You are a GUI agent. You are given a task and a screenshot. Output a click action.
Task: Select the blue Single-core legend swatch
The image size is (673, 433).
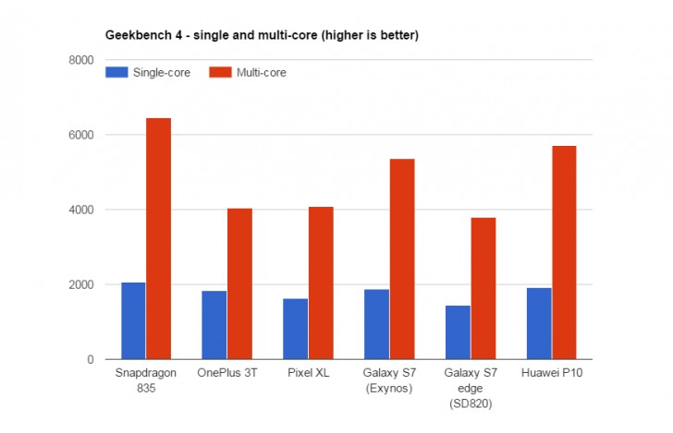117,72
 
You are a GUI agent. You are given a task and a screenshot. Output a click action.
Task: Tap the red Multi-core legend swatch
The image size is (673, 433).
221,72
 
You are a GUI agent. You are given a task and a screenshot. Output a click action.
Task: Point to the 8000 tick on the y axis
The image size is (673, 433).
82,60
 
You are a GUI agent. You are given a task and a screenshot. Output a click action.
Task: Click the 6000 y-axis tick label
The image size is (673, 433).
82,135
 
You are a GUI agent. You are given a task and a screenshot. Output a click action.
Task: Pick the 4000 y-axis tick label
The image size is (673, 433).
82,210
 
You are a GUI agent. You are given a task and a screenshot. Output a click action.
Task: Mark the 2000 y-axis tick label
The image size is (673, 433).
82,284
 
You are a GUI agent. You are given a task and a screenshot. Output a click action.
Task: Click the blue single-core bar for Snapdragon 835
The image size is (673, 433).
133,320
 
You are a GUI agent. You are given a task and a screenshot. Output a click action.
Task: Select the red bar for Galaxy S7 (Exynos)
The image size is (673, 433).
402,259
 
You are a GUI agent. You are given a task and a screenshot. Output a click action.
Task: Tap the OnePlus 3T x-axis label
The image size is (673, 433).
227,374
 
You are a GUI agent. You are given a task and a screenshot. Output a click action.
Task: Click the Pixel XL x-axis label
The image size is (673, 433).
309,374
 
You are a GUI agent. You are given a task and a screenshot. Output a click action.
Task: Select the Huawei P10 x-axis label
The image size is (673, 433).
552,374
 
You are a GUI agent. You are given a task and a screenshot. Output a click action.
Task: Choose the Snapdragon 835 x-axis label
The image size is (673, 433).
146,379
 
